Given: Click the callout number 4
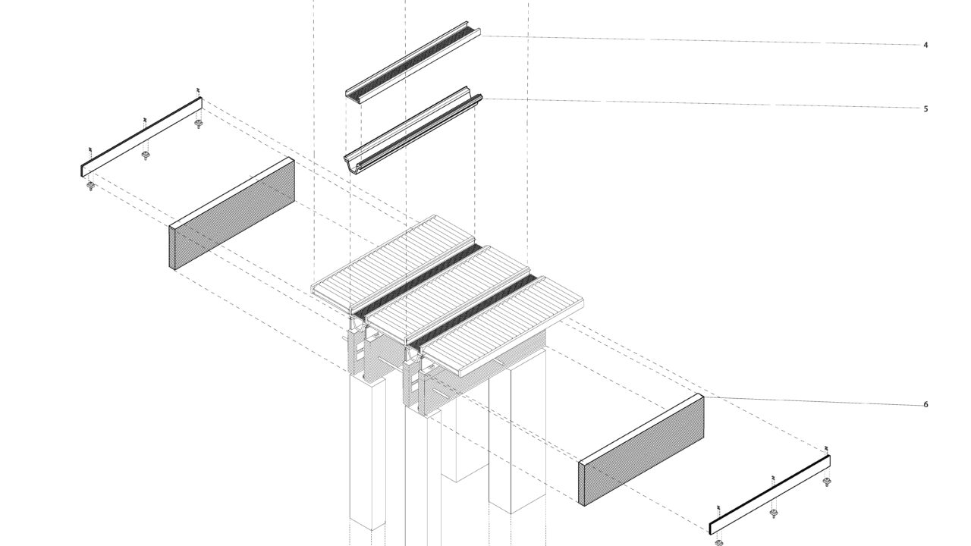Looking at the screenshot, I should (x=925, y=45).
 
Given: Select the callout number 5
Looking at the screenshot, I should (x=925, y=109).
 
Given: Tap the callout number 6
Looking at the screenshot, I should (x=925, y=405).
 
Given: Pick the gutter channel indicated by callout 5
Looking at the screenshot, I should (x=413, y=129).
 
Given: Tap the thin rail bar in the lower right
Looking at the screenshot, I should (x=769, y=494).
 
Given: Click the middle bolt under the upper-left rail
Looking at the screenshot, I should (x=146, y=155).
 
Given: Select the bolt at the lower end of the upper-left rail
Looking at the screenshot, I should (x=90, y=186).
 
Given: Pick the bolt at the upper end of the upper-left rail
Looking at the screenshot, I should (x=199, y=124).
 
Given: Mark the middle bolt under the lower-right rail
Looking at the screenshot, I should (x=774, y=513).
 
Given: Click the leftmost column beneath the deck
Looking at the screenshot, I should (x=367, y=455).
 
